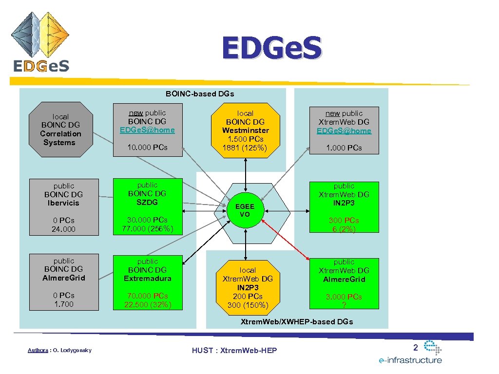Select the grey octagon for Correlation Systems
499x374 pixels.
61,130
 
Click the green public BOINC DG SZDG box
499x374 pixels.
147,206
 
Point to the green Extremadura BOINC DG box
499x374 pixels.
147,283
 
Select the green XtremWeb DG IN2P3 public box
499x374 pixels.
344,206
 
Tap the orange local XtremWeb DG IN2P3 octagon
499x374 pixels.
247,287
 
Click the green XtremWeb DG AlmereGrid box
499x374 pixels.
344,283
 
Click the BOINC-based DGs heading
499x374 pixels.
200,93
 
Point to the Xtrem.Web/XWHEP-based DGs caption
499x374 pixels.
297,321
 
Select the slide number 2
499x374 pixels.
416,347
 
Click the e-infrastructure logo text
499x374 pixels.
410,360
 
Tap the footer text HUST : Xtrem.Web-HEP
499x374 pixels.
234,351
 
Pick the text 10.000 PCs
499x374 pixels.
147,147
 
